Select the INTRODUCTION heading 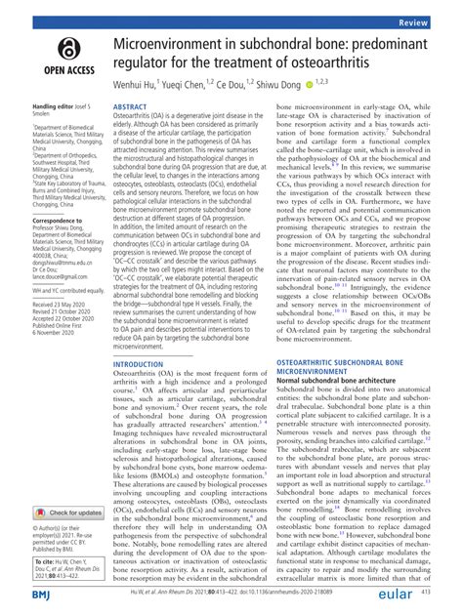(x=142, y=336)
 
